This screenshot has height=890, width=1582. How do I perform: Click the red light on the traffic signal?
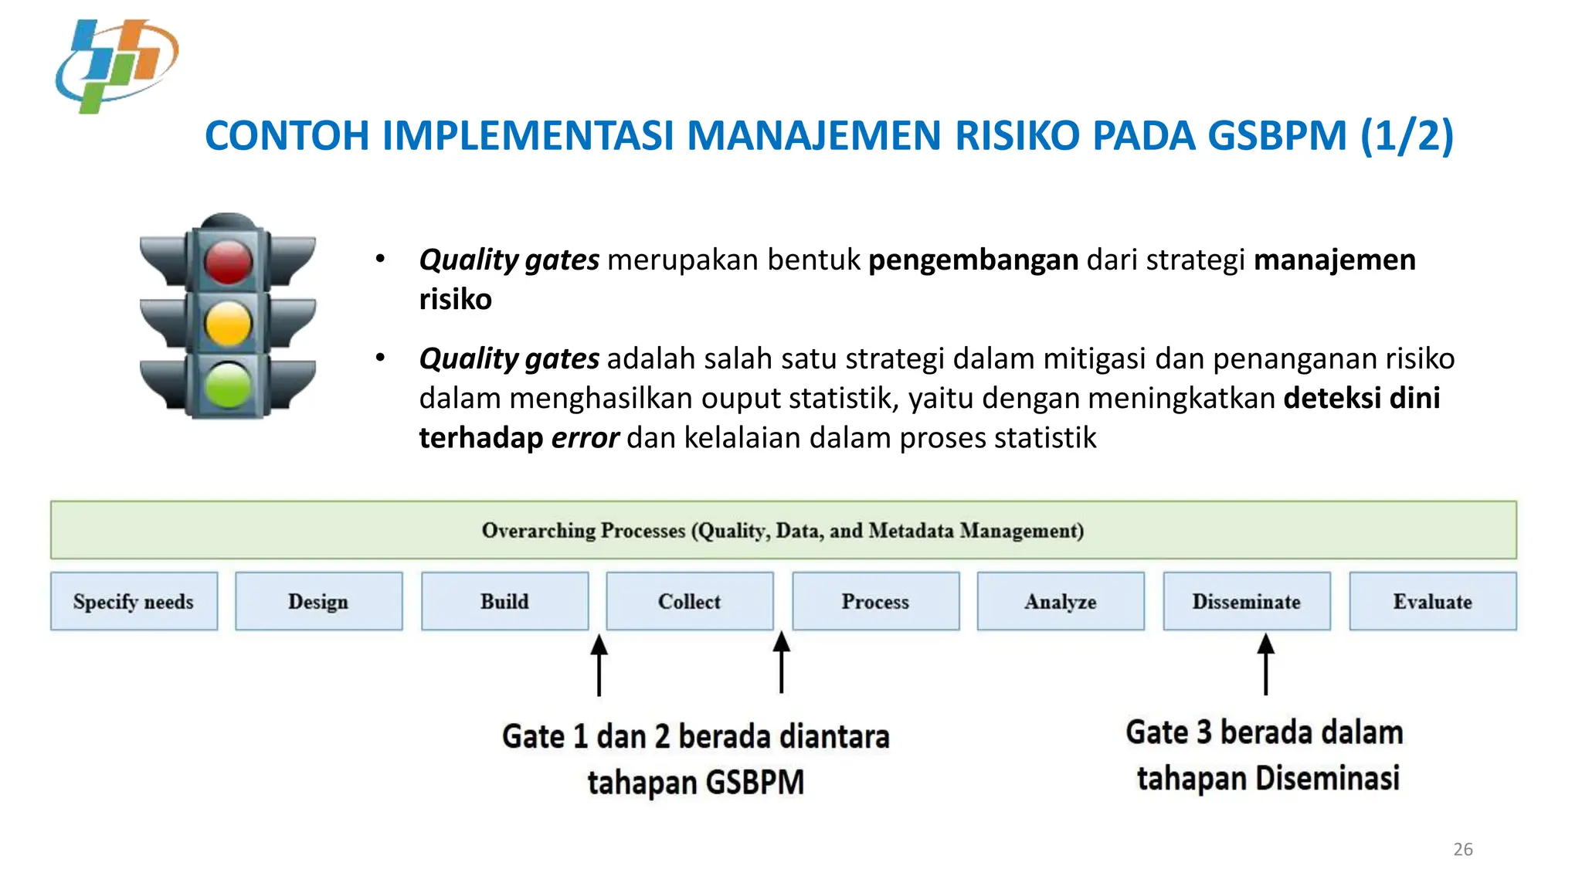coord(228,261)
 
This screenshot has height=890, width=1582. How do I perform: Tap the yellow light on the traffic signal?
coord(228,323)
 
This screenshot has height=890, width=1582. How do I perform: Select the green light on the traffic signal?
coord(228,385)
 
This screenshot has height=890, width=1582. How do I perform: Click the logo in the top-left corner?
coord(117,66)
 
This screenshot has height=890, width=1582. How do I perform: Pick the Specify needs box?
coord(134,601)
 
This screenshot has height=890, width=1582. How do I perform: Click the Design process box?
coord(318,601)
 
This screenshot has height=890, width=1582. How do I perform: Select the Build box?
coord(504,601)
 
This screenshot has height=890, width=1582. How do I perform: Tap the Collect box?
coord(689,601)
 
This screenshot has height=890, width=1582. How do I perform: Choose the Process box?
coord(875,601)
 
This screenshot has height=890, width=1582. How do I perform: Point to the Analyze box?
coord(1061,601)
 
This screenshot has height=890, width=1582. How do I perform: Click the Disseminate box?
coord(1246,601)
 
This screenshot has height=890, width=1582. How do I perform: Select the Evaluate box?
coord(1432,601)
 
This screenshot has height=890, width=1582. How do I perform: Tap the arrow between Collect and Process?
coord(782,662)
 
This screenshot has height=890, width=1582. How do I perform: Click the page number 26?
coord(1462,849)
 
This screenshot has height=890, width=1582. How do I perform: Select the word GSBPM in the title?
coord(1277,136)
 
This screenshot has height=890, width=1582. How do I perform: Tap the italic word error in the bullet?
coord(585,438)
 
